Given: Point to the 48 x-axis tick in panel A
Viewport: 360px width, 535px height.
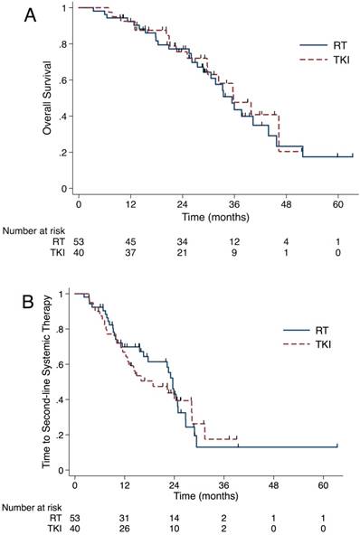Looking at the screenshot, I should (x=287, y=205).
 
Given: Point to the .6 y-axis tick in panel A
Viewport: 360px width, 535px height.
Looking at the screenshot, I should (x=64, y=80).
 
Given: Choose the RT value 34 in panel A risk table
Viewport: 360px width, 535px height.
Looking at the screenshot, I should (x=183, y=240).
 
